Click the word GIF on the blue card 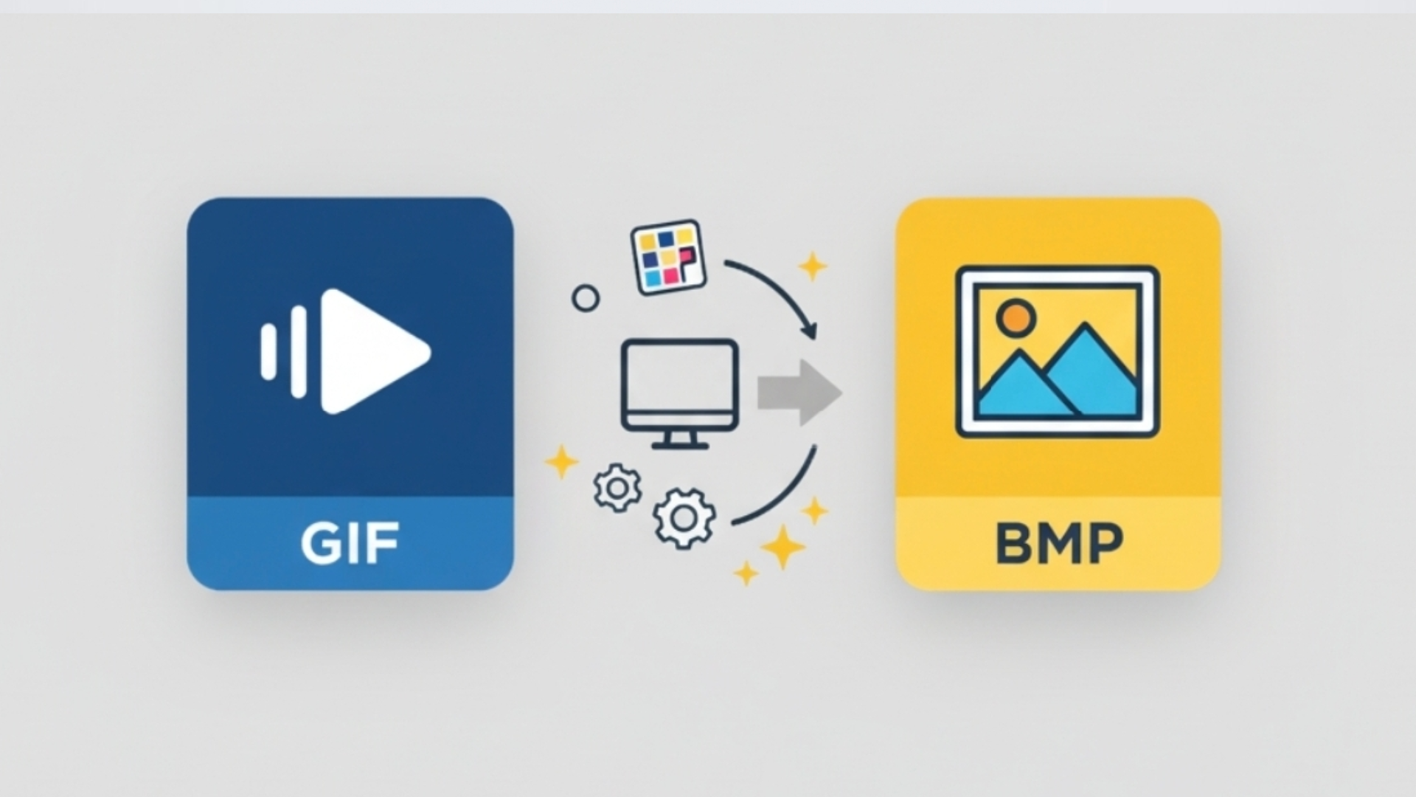[350, 543]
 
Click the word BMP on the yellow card [1059, 543]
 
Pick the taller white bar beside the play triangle [299, 351]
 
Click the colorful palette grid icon [668, 257]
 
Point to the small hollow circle [586, 299]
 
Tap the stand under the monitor [679, 441]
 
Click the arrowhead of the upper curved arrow [811, 330]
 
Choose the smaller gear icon [617, 488]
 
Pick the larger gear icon [684, 518]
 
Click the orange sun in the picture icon [1016, 317]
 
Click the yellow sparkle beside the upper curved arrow [813, 266]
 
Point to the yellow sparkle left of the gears [561, 462]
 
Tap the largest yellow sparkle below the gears [782, 548]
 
